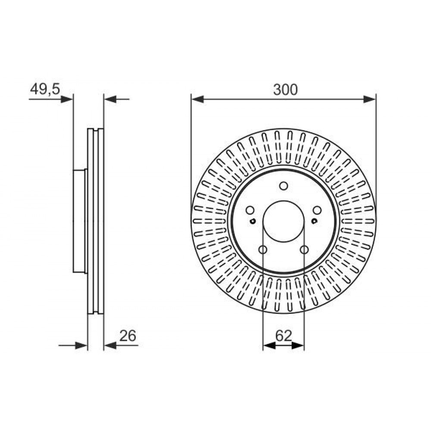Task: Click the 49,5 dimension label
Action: point(45,89)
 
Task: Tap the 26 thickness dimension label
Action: point(128,336)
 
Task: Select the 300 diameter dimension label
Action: point(285,90)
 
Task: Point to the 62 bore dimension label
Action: point(284,336)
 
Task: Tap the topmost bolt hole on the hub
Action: point(284,186)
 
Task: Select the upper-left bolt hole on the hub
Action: point(250,211)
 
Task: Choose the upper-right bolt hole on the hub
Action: point(318,211)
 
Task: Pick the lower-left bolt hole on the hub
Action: point(263,250)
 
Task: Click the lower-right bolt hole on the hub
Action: point(304,250)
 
